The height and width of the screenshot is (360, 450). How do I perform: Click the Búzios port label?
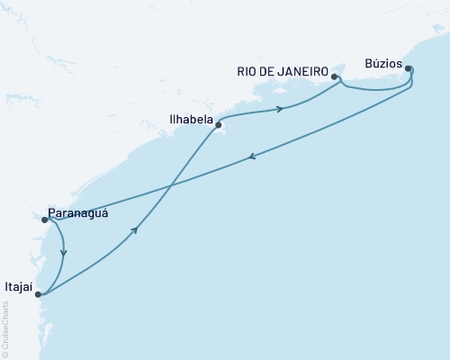coord(384,64)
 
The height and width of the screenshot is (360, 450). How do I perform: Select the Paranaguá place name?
coord(78,214)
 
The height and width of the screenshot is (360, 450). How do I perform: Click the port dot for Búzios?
coord(408,68)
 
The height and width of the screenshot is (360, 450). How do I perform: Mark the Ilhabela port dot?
coord(219,126)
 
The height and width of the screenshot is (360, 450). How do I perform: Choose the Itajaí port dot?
coord(37,293)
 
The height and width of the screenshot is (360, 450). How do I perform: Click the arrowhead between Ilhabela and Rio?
coord(281,110)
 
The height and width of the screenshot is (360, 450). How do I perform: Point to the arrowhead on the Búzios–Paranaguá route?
coord(251,157)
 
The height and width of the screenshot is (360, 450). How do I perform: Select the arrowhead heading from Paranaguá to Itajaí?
coord(64,253)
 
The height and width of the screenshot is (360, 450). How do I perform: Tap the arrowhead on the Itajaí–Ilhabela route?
coord(135,230)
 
